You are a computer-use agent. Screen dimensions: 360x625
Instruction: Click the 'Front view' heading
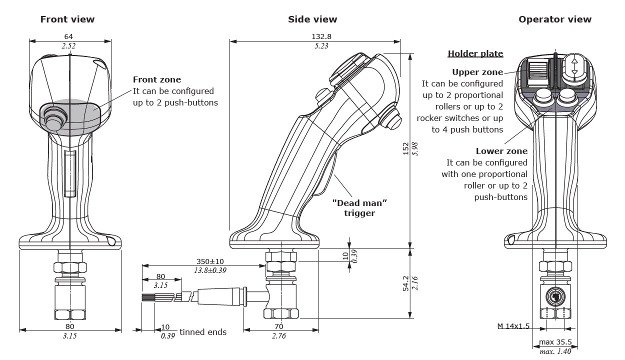click(67, 19)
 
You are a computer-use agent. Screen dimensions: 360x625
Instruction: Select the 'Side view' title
click(312, 19)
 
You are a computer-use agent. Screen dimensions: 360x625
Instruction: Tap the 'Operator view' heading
click(554, 19)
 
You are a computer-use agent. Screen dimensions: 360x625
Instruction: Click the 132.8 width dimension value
click(321, 36)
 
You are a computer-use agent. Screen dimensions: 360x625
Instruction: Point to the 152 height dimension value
click(405, 149)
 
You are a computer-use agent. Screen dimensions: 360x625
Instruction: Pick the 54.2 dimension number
click(405, 283)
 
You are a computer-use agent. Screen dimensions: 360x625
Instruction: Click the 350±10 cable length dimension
click(209, 261)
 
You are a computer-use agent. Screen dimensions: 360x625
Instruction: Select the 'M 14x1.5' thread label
click(513, 326)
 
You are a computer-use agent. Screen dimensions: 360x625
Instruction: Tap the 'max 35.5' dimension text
click(555, 343)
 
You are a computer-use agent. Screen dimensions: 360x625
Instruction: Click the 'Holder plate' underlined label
click(475, 53)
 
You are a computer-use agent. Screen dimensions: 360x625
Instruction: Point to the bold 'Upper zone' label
click(477, 72)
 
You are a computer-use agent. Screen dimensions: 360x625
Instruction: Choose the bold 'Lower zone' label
click(501, 151)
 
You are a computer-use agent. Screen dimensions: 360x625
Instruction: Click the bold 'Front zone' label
click(156, 79)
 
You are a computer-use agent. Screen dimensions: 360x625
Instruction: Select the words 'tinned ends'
click(203, 332)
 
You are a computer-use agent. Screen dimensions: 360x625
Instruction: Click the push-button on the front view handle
click(52, 118)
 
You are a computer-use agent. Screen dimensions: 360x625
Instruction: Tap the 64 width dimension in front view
click(69, 36)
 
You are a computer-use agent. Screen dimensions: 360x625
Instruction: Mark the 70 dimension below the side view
click(279, 326)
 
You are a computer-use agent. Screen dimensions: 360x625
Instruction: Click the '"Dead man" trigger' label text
click(360, 208)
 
